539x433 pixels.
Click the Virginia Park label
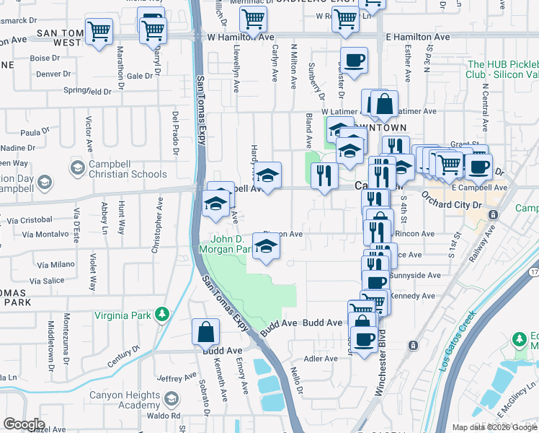pyautogui.click(x=125, y=315)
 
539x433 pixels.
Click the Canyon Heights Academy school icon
pyautogui.click(x=171, y=399)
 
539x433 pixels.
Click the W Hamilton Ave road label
pyautogui.click(x=241, y=36)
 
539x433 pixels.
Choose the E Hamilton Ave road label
pyautogui.click(x=418, y=37)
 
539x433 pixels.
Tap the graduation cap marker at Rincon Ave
pyautogui.click(x=267, y=249)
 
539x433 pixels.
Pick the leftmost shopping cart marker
pyautogui.click(x=99, y=31)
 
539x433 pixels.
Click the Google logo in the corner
pyautogui.click(x=24, y=424)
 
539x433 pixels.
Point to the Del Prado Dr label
pyautogui.click(x=175, y=133)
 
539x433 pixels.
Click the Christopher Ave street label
pyautogui.click(x=156, y=233)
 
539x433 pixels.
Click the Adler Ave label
pyautogui.click(x=321, y=359)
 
